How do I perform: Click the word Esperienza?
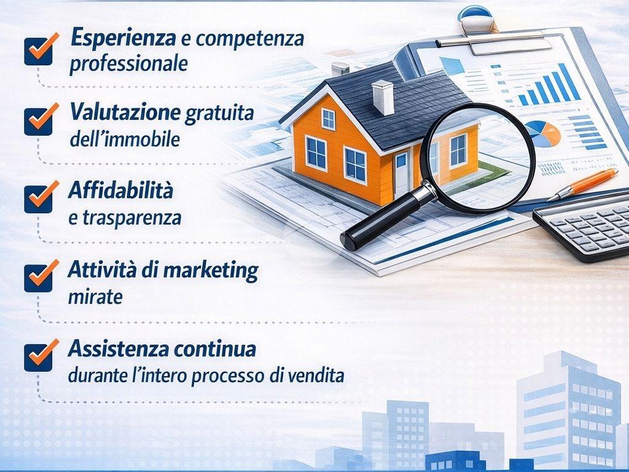(123, 39)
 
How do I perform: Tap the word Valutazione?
(125, 112)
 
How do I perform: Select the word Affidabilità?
(120, 190)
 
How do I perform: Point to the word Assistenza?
(119, 348)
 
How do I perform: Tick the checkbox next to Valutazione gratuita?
(39, 121)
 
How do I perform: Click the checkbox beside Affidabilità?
(39, 199)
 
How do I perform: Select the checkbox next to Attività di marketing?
(39, 278)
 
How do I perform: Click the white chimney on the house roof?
(383, 97)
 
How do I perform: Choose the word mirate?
(95, 297)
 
